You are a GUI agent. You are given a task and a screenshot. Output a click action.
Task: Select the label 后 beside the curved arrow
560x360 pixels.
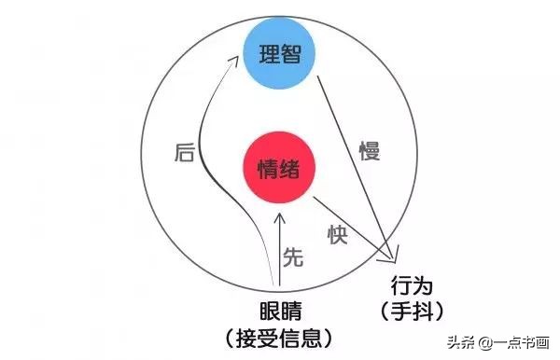point(185,154)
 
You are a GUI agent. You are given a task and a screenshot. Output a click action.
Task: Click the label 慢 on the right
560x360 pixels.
point(371,150)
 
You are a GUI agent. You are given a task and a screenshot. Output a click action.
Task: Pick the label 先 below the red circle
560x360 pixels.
point(293,258)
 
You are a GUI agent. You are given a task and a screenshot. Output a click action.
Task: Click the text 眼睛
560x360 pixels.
point(280,311)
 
